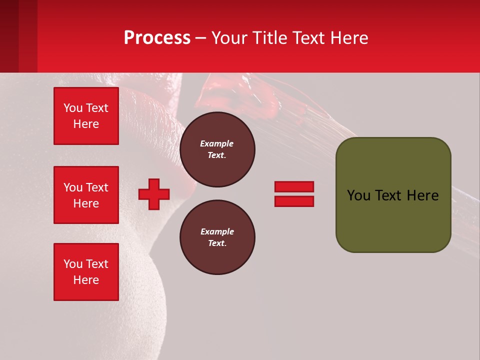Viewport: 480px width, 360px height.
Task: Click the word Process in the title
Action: point(157,38)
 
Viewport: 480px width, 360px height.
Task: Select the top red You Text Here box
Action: point(86,116)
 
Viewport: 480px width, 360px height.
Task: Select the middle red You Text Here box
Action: point(86,195)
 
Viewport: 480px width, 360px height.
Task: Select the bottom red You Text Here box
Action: point(86,272)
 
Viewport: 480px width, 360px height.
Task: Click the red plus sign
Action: point(154,194)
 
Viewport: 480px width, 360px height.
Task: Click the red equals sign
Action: point(294,194)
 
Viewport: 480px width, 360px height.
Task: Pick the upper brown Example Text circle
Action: point(217,149)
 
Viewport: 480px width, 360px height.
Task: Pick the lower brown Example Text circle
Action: point(217,237)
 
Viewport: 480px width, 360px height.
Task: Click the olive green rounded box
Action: point(393,195)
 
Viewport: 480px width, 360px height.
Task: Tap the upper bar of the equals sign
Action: point(294,186)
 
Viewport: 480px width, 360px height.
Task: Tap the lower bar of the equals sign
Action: point(294,201)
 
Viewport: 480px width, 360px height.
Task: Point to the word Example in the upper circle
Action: point(217,143)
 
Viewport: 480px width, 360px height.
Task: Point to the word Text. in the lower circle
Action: point(217,243)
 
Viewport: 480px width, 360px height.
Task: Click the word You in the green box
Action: point(358,195)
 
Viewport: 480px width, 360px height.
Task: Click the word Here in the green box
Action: point(422,195)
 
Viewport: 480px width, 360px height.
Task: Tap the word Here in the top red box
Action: point(86,124)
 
